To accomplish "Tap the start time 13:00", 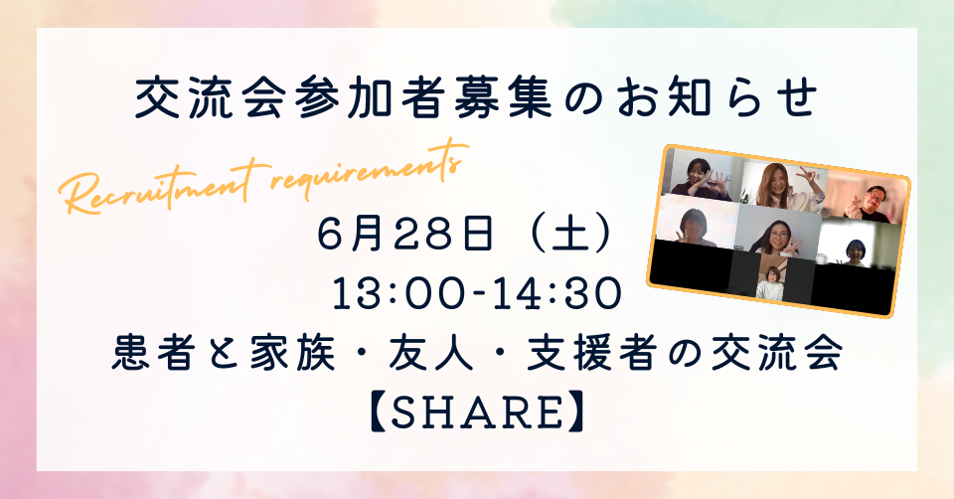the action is (x=394, y=294).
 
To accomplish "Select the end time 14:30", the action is (x=560, y=294).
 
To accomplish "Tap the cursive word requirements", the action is (x=370, y=167).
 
